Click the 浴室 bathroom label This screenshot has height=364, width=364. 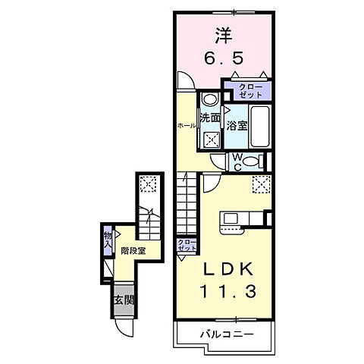click(236, 126)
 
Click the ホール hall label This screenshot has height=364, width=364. click(185, 125)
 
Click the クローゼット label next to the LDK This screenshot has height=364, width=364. click(185, 245)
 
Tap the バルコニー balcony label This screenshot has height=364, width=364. click(225, 334)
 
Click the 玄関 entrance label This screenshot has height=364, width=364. click(123, 300)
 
